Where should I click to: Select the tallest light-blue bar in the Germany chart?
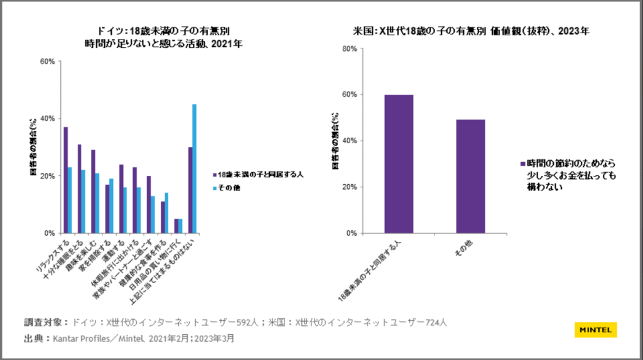click(x=194, y=168)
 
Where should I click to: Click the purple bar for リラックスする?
click(x=66, y=180)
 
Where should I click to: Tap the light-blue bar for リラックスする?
click(x=70, y=200)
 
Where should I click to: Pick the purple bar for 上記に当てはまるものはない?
click(x=190, y=190)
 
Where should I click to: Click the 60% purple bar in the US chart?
click(x=399, y=164)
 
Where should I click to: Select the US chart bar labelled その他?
click(x=470, y=176)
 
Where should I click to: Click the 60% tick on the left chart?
click(x=47, y=62)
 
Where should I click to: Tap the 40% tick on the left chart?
click(x=47, y=119)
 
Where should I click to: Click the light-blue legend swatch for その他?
click(x=214, y=188)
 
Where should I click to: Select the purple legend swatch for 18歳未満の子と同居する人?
click(x=214, y=175)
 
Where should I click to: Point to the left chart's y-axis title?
click(x=34, y=147)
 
